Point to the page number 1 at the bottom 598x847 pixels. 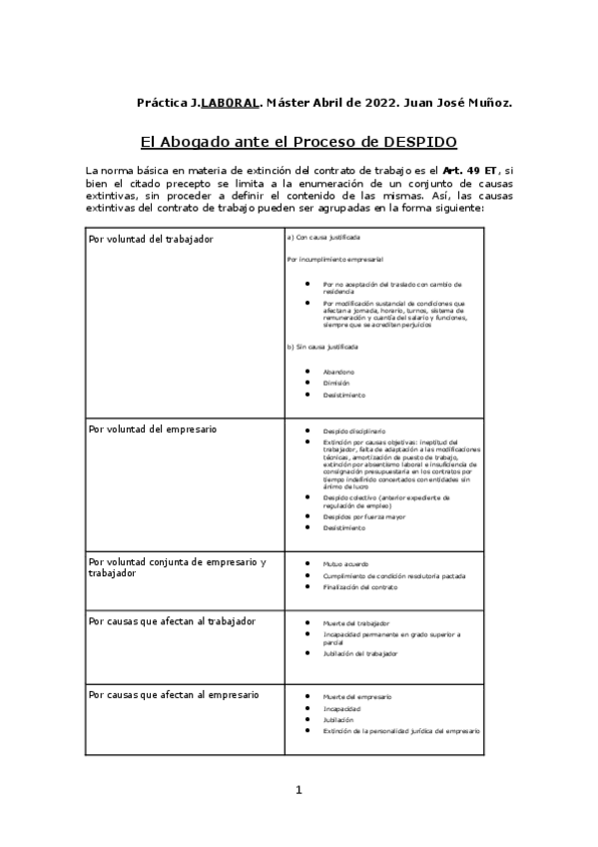pyautogui.click(x=298, y=791)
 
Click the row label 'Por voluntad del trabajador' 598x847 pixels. pyautogui.click(x=151, y=240)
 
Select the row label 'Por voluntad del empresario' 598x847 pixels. pyautogui.click(x=153, y=429)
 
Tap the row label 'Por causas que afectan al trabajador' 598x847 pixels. pyautogui.click(x=172, y=621)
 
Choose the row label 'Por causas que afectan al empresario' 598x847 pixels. pyautogui.click(x=174, y=694)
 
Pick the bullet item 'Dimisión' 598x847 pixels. pyautogui.click(x=336, y=384)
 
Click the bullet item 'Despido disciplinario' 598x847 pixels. pyautogui.click(x=353, y=430)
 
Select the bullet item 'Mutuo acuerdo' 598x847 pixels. pyautogui.click(x=345, y=564)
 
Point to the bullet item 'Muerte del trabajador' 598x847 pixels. pyautogui.click(x=355, y=622)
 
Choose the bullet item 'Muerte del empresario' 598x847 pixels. pyautogui.click(x=356, y=696)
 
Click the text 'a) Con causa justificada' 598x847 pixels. pyautogui.click(x=323, y=238)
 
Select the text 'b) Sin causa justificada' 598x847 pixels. pyautogui.click(x=322, y=346)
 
